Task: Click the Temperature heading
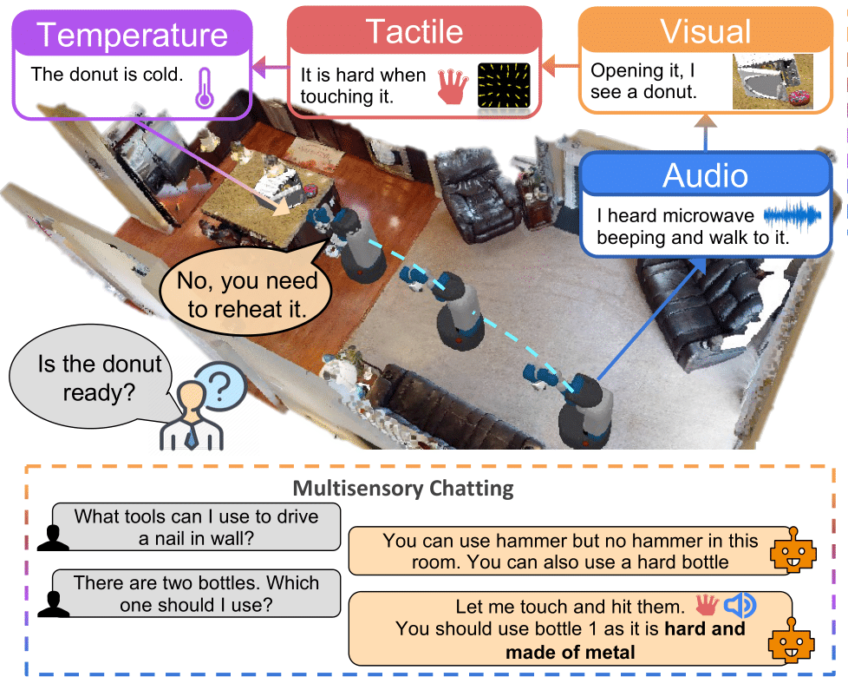132,36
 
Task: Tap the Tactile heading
414,31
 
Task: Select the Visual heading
706,31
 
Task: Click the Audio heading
706,175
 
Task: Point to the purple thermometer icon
205,88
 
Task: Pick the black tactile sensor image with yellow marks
504,86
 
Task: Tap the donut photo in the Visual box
773,82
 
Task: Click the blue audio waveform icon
793,215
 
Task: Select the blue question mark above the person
219,385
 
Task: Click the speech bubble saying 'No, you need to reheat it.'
247,290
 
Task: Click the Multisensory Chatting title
403,488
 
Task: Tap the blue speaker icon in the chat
740,605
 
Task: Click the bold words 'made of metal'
570,652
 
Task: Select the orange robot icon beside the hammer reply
793,550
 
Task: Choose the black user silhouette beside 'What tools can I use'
53,538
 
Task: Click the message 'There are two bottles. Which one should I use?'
196,593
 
